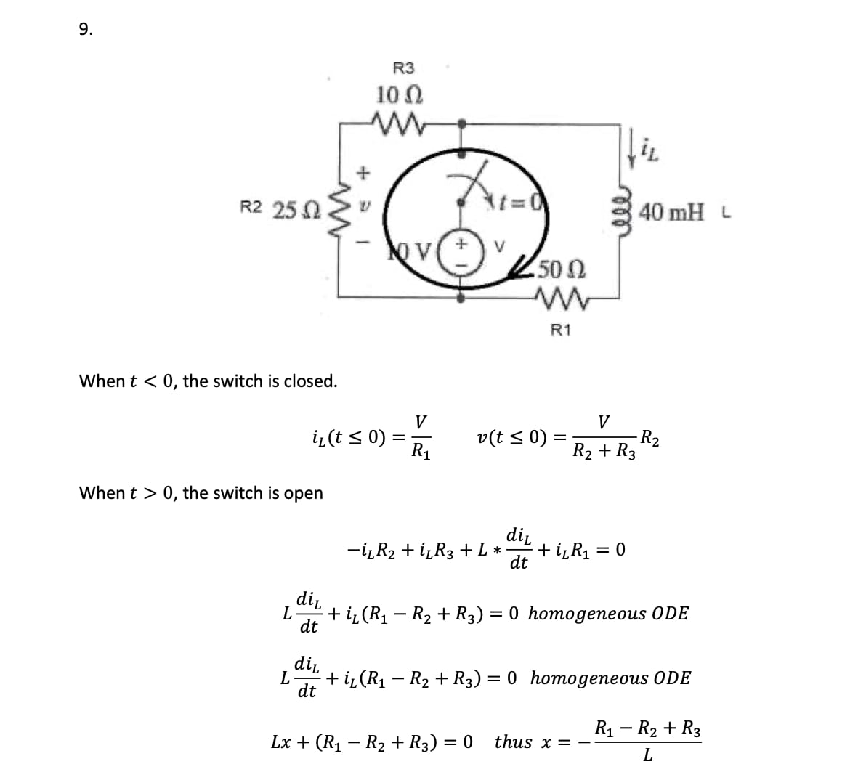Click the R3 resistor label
tap(403, 68)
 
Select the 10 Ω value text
tap(400, 95)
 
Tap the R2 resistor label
tap(251, 208)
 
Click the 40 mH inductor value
tap(671, 212)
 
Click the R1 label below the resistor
tap(561, 330)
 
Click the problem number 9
tap(86, 29)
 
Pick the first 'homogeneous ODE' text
tap(609, 613)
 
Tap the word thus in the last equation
tap(514, 742)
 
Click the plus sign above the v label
tap(363, 173)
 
